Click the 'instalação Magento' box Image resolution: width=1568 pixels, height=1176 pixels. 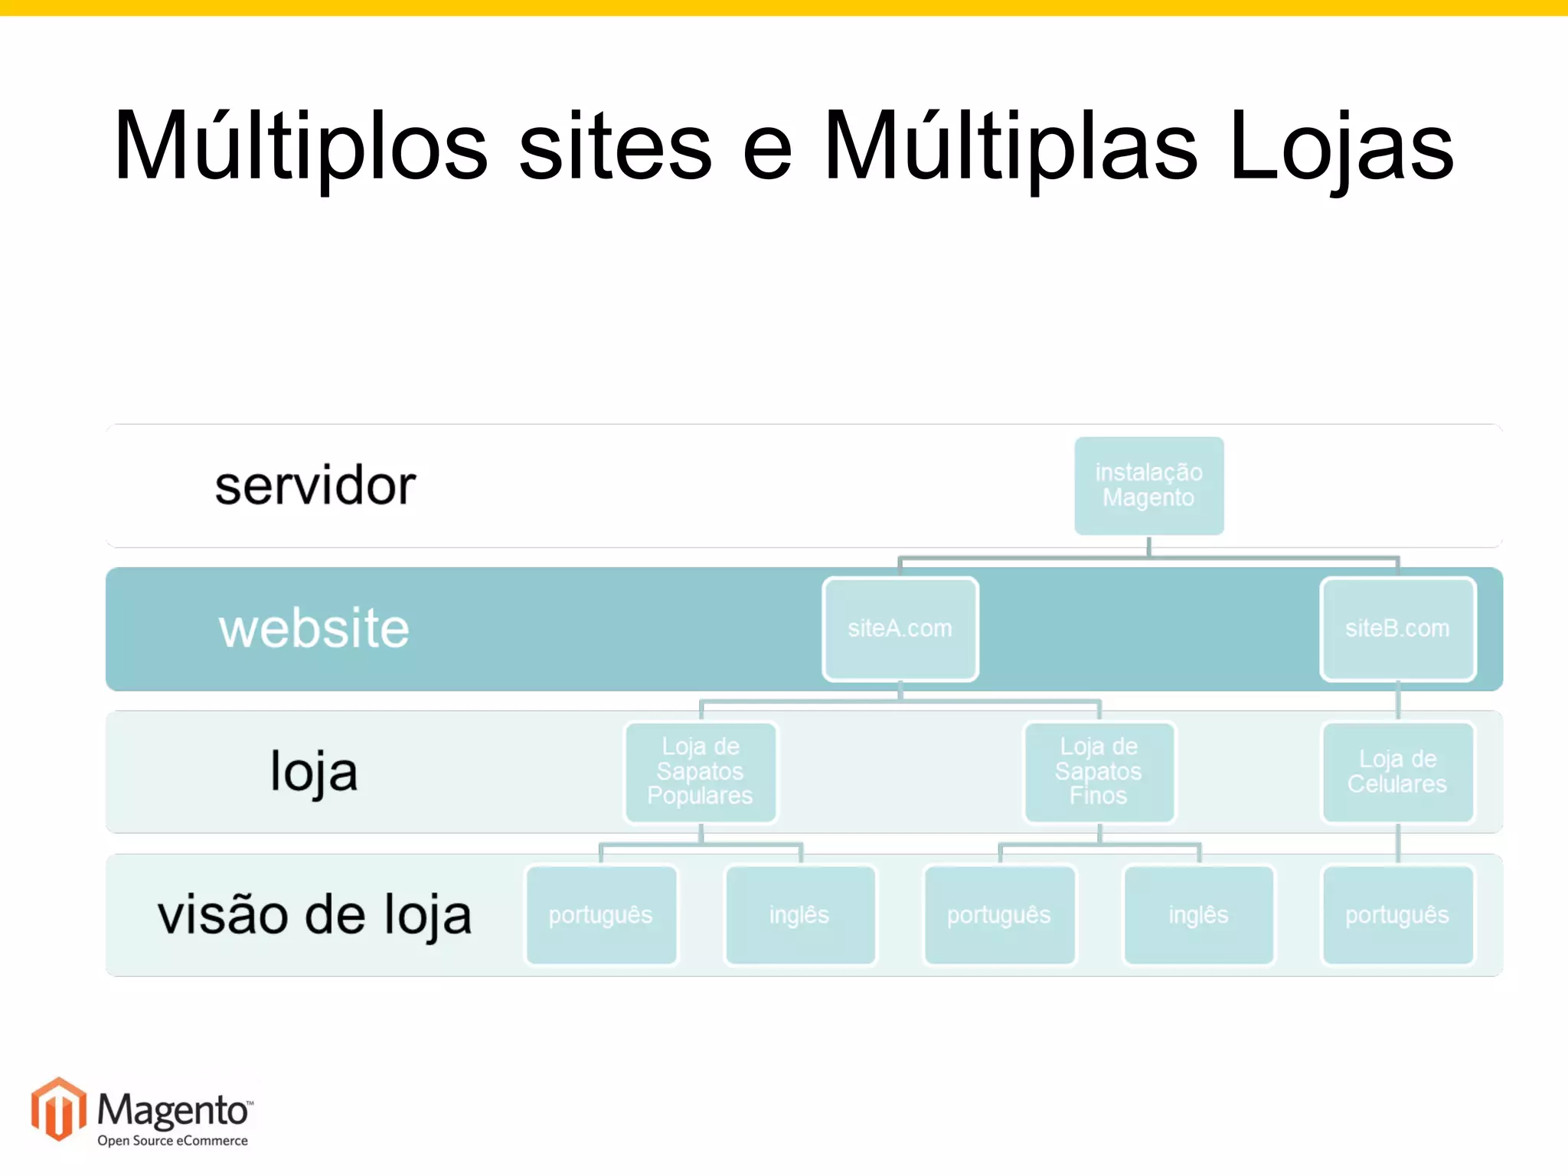pyautogui.click(x=1148, y=485)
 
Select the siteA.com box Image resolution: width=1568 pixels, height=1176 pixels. pyautogui.click(x=900, y=629)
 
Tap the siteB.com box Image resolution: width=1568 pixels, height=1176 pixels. pyautogui.click(x=1397, y=629)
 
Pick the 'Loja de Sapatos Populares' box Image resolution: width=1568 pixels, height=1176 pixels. pyautogui.click(x=701, y=772)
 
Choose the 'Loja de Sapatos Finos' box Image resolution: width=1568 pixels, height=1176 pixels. pyautogui.click(x=1099, y=772)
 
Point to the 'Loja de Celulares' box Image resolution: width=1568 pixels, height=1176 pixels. pyautogui.click(x=1397, y=772)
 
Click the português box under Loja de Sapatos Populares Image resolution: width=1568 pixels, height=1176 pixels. pyautogui.click(x=601, y=915)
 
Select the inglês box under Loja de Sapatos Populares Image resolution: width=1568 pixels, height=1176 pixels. pyautogui.click(x=800, y=915)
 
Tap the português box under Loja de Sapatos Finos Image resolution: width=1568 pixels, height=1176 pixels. pyautogui.click(x=999, y=915)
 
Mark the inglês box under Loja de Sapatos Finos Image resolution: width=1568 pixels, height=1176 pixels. pyautogui.click(x=1198, y=915)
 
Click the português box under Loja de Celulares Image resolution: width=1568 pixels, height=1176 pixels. pyautogui.click(x=1397, y=915)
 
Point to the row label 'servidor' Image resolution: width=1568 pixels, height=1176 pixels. pyautogui.click(x=315, y=486)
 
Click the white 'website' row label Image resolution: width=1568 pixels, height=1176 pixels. pyautogui.click(x=314, y=629)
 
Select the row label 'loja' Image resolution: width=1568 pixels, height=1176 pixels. pyautogui.click(x=314, y=772)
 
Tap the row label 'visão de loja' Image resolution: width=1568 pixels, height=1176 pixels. pyautogui.click(x=314, y=915)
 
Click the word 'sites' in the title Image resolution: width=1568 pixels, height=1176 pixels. pyautogui.click(x=615, y=145)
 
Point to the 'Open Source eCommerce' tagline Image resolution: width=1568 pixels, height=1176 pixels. pyautogui.click(x=172, y=1141)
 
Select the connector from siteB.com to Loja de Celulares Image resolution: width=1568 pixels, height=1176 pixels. pyautogui.click(x=1398, y=701)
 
